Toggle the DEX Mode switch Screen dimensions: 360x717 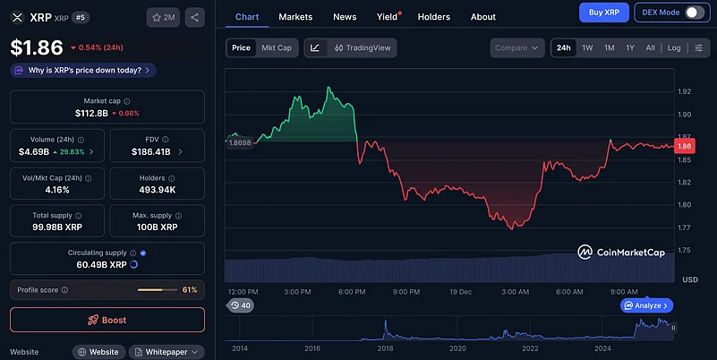pyautogui.click(x=694, y=13)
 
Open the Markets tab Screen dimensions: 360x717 pyautogui.click(x=295, y=17)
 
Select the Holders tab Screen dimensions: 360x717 pyautogui.click(x=434, y=17)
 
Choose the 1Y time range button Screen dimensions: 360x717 pyautogui.click(x=630, y=47)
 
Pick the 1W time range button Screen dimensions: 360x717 pyautogui.click(x=587, y=47)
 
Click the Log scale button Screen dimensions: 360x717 pyautogui.click(x=673, y=47)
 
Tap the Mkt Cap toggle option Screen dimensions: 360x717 pyautogui.click(x=277, y=47)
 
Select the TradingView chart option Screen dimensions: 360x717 pyautogui.click(x=363, y=47)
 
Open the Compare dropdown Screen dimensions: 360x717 pyautogui.click(x=516, y=47)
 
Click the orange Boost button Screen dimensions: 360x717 pyautogui.click(x=107, y=320)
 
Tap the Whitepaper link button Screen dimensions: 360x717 pyautogui.click(x=166, y=352)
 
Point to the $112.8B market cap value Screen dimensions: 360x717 pyautogui.click(x=91, y=114)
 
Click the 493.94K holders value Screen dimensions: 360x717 pyautogui.click(x=157, y=190)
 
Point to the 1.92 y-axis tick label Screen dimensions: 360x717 pyautogui.click(x=685, y=91)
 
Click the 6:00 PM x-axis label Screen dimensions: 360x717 pyautogui.click(x=352, y=292)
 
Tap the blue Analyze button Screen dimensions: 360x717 pyautogui.click(x=646, y=305)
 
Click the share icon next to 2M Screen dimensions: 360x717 pyautogui.click(x=196, y=17)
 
